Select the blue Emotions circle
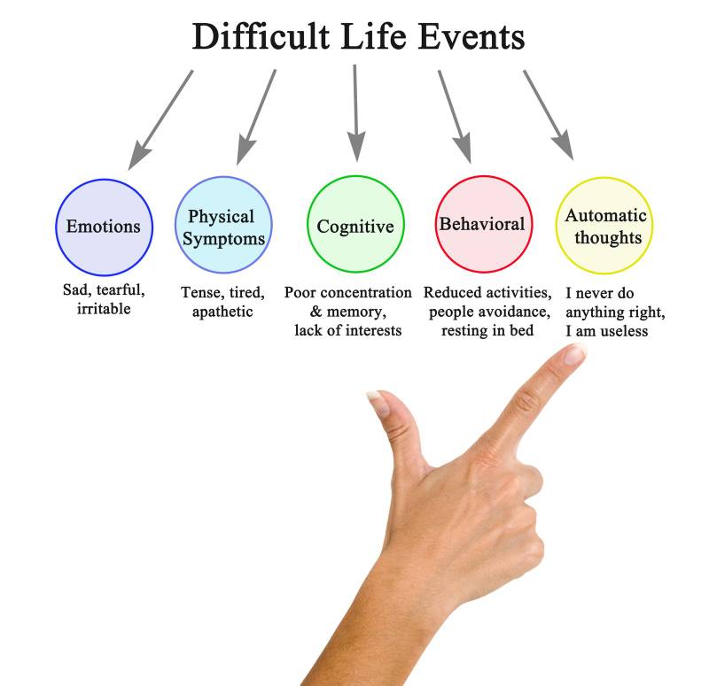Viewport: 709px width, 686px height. (104, 227)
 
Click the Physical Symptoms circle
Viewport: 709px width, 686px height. (223, 227)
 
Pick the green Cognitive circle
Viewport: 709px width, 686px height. (355, 227)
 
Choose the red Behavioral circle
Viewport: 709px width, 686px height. (482, 225)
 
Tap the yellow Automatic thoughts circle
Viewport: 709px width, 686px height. (604, 227)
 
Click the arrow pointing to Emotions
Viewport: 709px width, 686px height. (160, 119)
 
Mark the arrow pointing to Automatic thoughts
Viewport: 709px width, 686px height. (549, 115)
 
